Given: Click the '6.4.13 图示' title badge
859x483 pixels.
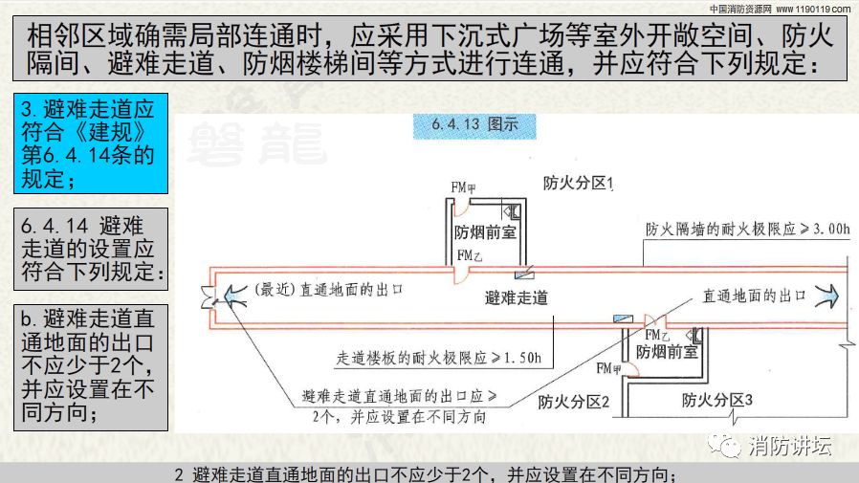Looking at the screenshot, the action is coord(474,126).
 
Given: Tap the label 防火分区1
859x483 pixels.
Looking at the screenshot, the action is coord(578,183).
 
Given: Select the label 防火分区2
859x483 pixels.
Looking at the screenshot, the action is coord(573,402).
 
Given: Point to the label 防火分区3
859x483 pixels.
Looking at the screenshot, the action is coord(716,401).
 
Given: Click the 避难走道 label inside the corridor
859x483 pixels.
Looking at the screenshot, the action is coord(516,297).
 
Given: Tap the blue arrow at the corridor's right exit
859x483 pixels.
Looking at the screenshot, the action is coord(826,296).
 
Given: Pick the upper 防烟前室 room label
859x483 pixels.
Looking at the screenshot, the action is coord(485,232).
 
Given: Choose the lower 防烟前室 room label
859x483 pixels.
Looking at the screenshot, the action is coord(667,352).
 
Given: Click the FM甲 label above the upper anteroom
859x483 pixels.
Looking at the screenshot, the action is coord(463,187).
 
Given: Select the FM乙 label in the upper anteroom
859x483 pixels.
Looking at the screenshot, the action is coord(470,255).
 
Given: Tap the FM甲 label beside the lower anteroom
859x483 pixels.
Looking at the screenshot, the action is coord(608,368).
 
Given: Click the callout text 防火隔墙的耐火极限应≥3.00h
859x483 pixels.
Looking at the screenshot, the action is coord(747,229).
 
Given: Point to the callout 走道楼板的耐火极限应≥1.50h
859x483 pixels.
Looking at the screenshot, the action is coord(438,358).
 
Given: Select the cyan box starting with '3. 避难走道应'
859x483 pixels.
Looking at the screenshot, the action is coord(91,143).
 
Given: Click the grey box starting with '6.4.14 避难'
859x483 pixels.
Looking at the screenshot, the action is coord(91,250).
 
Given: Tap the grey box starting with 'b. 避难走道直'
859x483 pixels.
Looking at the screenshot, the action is coord(91,367).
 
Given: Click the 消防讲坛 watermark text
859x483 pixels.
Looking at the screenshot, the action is coord(789,447).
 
